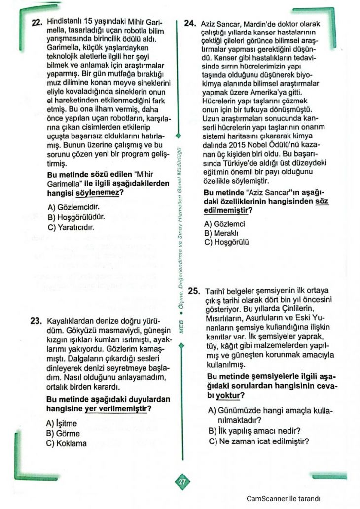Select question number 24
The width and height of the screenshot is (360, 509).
[191, 23]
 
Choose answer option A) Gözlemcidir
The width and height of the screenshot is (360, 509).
[73, 208]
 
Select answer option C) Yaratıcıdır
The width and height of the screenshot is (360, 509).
[71, 227]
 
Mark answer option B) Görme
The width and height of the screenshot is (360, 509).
[63, 433]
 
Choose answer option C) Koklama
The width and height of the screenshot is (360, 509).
[66, 443]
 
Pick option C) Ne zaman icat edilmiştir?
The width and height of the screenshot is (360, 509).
[258, 441]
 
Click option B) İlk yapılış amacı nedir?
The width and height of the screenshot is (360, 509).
[254, 431]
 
